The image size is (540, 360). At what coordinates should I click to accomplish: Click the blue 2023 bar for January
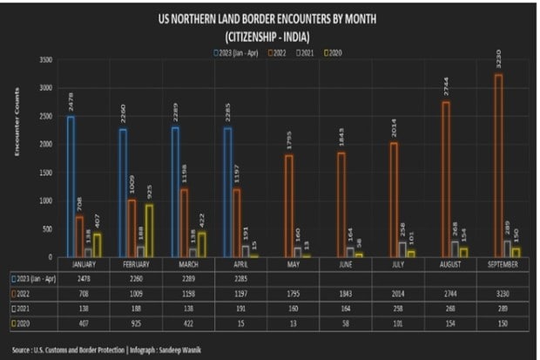tap(71, 186)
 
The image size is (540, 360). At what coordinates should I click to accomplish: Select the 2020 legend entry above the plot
tap(333, 53)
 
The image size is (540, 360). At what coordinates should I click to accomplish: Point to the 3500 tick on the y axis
tap(46, 59)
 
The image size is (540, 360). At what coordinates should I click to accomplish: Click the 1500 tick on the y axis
tap(46, 172)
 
